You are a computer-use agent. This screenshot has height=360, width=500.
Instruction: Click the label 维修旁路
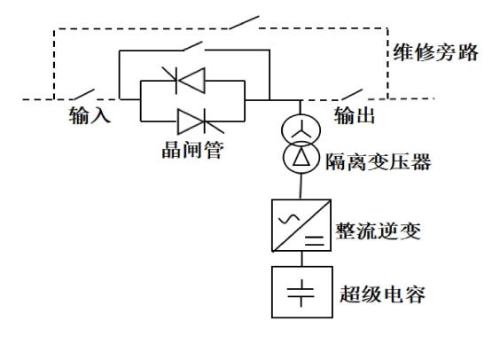435,52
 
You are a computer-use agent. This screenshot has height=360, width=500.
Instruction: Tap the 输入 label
90,114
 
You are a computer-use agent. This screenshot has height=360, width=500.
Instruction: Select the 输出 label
355,115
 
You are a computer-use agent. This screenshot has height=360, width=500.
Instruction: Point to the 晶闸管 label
192,150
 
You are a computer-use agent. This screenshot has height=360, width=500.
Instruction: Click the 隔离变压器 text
379,161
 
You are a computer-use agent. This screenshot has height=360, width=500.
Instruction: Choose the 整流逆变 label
379,231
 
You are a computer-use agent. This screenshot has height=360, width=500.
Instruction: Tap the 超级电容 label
382,293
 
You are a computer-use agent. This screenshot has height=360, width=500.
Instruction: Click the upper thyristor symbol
184,81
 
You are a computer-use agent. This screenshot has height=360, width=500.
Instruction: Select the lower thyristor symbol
200,121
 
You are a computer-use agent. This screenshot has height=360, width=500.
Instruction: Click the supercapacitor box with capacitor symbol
302,292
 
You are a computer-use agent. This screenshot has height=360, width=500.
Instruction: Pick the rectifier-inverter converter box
301,225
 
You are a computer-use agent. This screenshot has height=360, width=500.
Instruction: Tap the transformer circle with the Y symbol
301,129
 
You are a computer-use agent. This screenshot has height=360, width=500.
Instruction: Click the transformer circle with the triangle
301,158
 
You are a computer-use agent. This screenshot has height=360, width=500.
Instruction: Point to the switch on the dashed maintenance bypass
245,22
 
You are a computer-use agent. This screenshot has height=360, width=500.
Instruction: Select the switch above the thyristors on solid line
193,46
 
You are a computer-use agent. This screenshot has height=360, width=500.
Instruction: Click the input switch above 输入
83,94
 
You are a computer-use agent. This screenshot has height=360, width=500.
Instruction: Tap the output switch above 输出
351,94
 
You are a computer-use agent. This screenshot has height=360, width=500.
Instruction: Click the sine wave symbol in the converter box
289,219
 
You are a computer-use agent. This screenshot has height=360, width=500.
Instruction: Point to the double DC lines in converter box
315,240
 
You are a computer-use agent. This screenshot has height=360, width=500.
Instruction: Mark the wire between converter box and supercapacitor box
301,259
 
